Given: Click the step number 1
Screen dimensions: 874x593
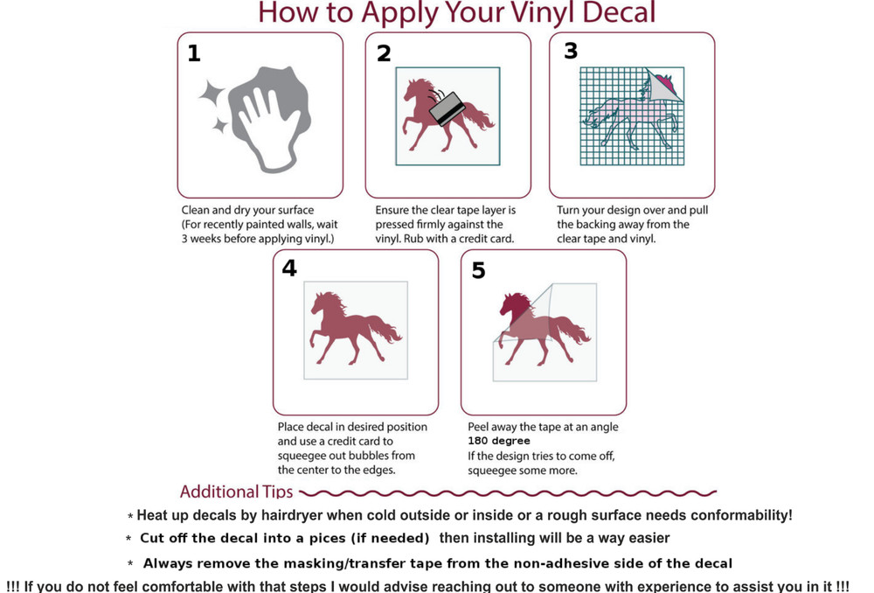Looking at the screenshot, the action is [x=194, y=53].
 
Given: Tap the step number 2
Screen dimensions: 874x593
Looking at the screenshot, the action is [x=384, y=53].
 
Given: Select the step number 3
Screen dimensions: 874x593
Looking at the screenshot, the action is [x=571, y=51].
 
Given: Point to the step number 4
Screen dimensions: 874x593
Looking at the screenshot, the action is [x=289, y=269].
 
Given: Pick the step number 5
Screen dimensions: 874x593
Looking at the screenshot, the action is [x=479, y=270].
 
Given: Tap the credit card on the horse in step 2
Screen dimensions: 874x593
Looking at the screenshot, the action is [x=447, y=108].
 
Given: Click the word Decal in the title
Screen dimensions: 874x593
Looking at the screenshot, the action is [x=619, y=12].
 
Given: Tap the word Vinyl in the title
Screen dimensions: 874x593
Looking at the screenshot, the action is [x=543, y=12].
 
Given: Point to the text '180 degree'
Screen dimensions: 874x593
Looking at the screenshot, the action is [x=499, y=441].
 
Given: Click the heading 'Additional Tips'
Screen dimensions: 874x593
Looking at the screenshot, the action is [x=236, y=492].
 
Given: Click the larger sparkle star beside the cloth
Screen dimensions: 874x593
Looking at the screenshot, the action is [x=212, y=94].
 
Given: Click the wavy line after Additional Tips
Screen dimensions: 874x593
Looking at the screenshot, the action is [x=508, y=493].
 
